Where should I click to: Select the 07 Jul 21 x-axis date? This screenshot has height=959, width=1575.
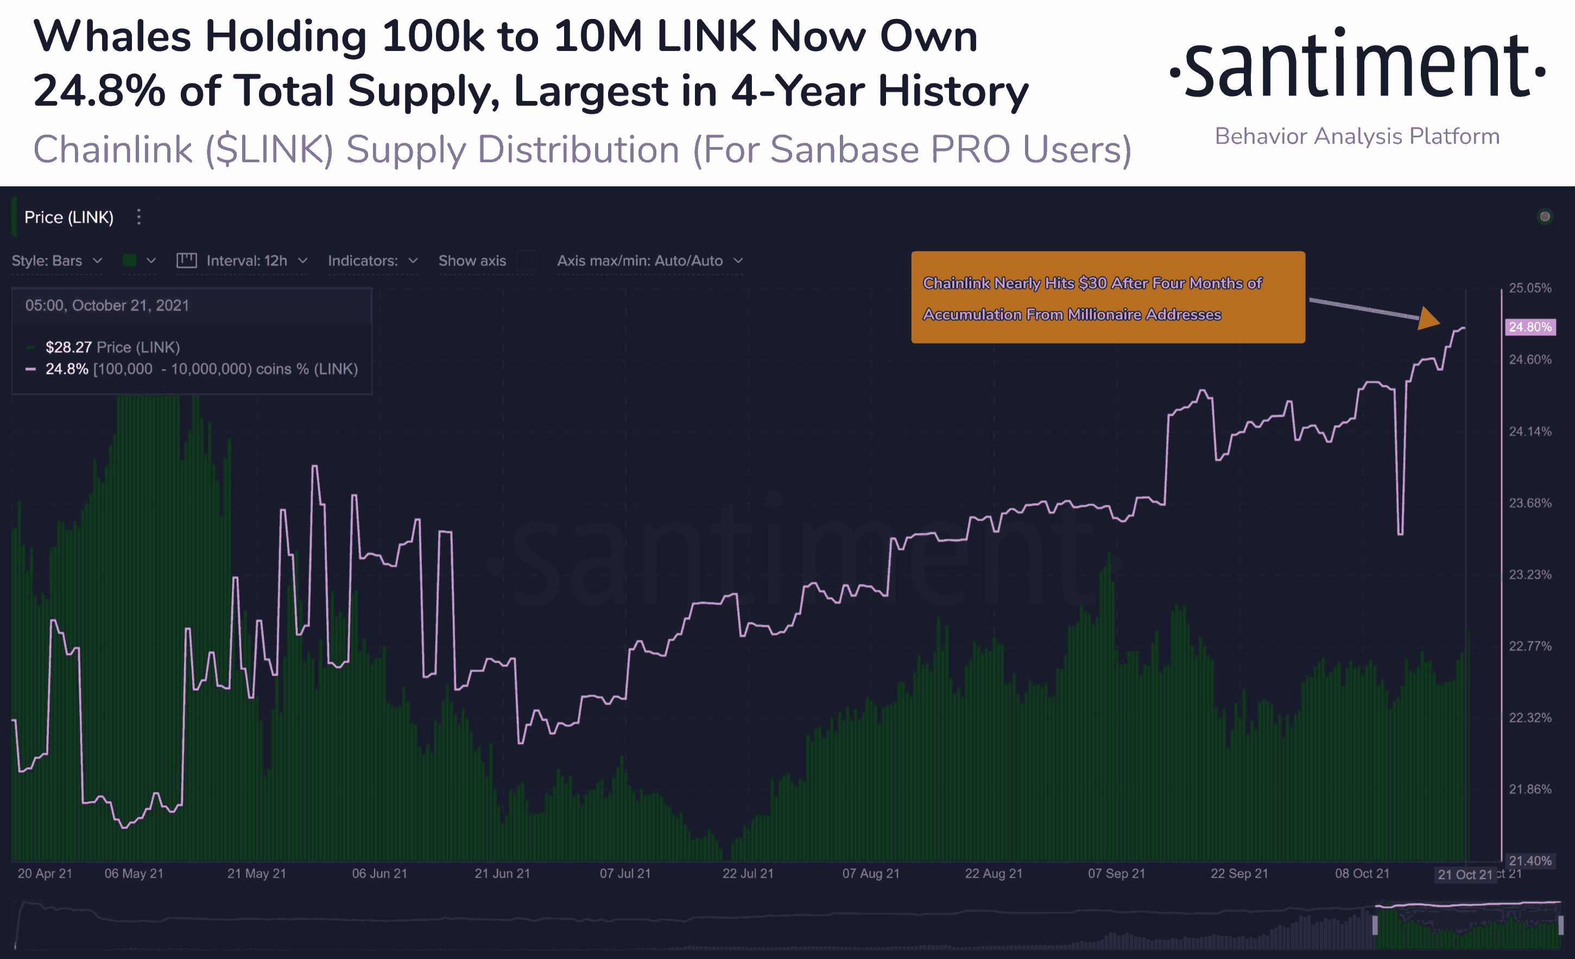[624, 873]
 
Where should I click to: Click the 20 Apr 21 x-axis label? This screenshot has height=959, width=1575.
[45, 873]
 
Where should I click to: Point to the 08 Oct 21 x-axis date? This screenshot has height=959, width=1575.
[1362, 873]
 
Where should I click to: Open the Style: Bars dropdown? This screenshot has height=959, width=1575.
[57, 261]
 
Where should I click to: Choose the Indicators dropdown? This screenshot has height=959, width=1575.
[372, 261]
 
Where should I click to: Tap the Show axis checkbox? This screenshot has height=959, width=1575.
[527, 261]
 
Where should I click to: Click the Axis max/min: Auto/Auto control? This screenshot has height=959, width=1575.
[649, 261]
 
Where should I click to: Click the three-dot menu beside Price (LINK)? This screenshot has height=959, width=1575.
[138, 217]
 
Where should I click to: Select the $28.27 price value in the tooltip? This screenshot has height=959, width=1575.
[68, 347]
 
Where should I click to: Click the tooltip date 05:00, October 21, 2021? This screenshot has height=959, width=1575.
[107, 306]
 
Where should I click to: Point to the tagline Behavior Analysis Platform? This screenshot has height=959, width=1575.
[1357, 136]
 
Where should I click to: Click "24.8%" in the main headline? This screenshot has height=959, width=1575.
[99, 91]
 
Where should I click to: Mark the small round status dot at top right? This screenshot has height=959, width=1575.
[1545, 217]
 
